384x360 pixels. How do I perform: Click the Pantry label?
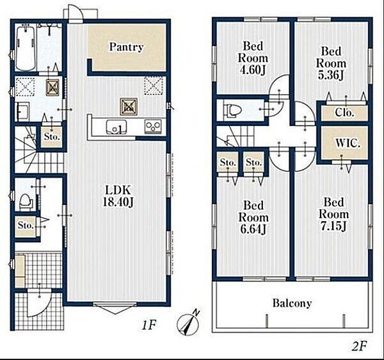point(126,47)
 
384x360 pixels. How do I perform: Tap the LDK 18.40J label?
point(118,196)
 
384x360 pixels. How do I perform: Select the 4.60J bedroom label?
point(253,58)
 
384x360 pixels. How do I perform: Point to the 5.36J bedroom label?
point(331,63)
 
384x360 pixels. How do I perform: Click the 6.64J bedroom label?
point(253,217)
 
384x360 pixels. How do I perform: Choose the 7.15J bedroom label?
point(333,214)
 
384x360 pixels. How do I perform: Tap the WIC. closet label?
point(348,143)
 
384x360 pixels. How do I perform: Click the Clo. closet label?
point(344,113)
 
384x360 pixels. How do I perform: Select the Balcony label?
point(292,303)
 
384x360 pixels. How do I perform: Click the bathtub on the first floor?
point(26,48)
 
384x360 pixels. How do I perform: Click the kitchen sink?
point(116,127)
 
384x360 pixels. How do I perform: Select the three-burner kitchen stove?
point(153,126)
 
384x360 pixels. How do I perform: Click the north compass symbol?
point(188,323)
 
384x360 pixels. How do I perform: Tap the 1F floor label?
point(149,325)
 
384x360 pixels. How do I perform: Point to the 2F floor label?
point(359,346)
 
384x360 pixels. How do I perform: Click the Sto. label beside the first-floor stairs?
point(52,137)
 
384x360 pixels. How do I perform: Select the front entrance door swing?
point(39,302)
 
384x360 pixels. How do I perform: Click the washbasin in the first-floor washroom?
point(23,112)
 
